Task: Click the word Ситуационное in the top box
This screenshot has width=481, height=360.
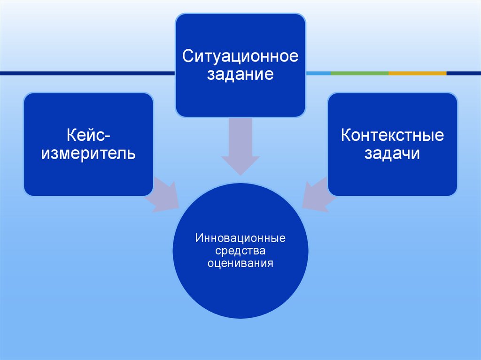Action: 240,57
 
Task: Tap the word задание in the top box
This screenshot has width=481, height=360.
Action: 240,74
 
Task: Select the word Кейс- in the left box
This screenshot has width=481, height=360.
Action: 88,136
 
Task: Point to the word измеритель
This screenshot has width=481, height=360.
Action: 88,153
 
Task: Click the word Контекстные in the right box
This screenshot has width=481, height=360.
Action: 392,136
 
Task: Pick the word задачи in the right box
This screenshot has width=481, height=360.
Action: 392,153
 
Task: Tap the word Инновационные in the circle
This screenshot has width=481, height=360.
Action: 240,239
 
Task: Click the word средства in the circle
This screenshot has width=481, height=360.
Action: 240,252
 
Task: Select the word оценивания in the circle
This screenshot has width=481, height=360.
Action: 240,264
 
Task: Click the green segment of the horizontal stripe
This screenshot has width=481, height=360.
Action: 359,73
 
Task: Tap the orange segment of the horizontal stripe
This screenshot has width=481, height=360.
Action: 417,73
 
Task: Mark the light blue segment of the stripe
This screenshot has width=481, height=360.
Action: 318,73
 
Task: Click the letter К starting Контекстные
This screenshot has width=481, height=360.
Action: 345,136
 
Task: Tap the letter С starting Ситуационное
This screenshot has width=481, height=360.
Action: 187,57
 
